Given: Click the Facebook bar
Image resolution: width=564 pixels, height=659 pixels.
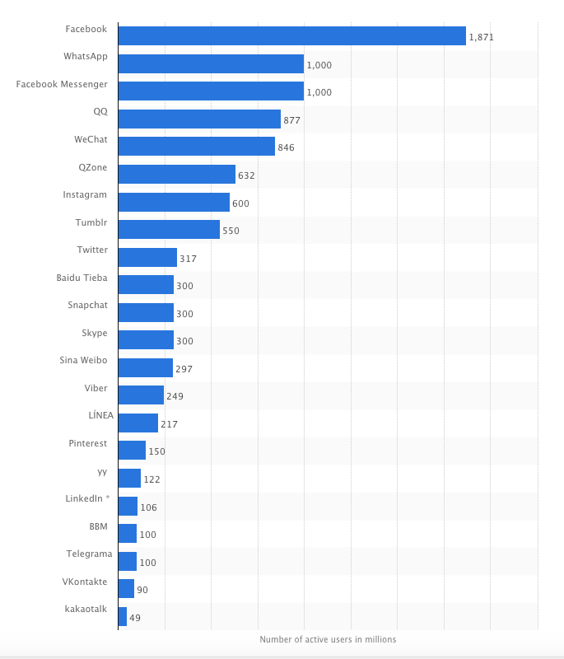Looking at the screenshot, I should (x=291, y=35).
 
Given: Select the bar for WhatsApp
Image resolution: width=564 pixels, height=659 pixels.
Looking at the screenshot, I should (x=211, y=64).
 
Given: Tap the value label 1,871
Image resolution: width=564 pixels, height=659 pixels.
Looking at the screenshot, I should (x=481, y=38).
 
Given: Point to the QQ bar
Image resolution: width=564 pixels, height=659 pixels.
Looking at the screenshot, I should (x=199, y=119).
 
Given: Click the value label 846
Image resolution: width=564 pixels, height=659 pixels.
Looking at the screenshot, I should (x=286, y=147).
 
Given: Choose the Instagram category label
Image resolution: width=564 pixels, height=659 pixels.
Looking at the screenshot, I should (x=85, y=194).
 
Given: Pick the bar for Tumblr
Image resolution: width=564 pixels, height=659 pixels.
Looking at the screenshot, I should (x=169, y=230).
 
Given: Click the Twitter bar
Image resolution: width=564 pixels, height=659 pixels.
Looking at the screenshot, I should (x=147, y=258).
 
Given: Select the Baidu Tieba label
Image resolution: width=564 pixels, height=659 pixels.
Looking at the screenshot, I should (x=82, y=278).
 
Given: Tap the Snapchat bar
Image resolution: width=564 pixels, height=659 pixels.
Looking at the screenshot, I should (x=146, y=313).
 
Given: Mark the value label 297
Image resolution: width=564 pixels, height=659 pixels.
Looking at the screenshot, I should (x=184, y=369).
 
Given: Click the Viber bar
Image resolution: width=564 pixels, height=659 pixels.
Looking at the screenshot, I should (x=141, y=395).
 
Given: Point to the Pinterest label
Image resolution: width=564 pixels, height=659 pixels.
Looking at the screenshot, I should (x=87, y=443).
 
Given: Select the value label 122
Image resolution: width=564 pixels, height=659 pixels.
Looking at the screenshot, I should (x=152, y=479).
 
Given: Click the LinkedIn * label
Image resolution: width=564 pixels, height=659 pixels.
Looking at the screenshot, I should (x=87, y=498).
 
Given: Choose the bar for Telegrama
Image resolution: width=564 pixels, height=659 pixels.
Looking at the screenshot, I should (x=128, y=561).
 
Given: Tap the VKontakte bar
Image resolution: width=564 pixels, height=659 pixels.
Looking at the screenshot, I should (x=126, y=589).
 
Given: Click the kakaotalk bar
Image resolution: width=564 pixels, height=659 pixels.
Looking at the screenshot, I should (x=123, y=616).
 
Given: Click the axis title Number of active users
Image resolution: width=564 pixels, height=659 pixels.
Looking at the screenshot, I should (x=328, y=639).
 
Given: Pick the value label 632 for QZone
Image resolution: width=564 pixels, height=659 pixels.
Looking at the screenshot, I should (x=246, y=175).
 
